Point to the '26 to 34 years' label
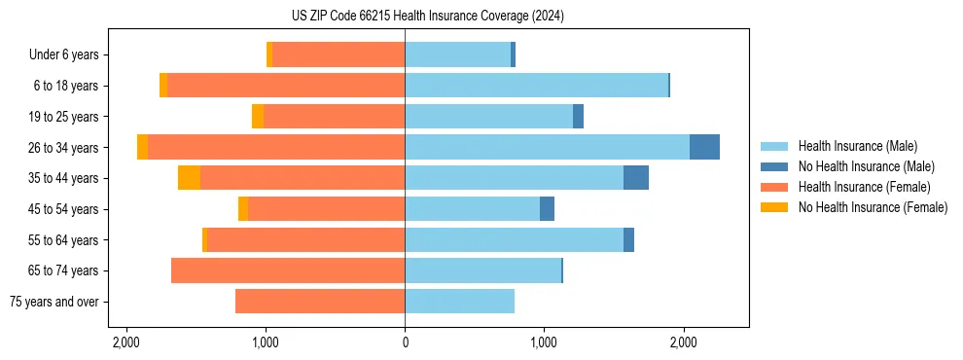point(64,148)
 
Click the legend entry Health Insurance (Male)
point(857,146)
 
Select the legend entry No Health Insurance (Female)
point(873,207)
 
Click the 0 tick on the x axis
point(405,342)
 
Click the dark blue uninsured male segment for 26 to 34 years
point(704,147)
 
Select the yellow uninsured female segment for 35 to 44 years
point(189,178)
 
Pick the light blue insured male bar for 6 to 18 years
point(536,86)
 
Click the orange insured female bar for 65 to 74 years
point(288,270)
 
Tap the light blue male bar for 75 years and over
point(459,302)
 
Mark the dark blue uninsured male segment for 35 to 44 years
point(636,178)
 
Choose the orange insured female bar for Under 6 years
point(339,55)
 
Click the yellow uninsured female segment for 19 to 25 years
point(258,117)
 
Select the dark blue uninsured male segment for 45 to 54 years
point(547,209)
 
